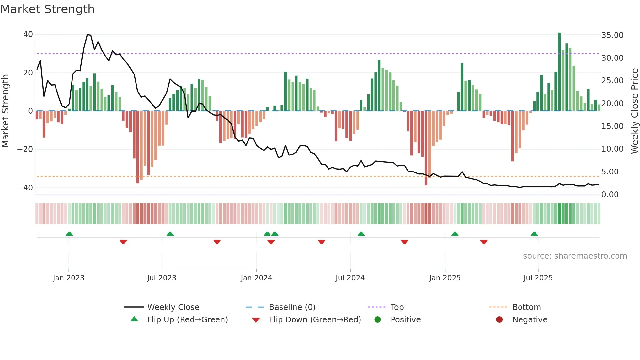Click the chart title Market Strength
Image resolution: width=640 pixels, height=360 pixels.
[47, 9]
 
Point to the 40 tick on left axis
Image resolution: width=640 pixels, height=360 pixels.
[28, 34]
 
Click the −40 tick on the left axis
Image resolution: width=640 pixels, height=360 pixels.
[25, 188]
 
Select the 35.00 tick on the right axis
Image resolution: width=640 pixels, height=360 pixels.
[612, 35]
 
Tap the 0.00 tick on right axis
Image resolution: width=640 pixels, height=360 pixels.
[610, 195]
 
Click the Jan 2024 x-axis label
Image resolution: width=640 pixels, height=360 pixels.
[256, 278]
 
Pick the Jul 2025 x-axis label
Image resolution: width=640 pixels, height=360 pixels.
[538, 278]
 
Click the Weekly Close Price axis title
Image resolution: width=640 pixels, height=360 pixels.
[634, 111]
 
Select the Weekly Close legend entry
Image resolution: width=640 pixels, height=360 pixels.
[173, 307]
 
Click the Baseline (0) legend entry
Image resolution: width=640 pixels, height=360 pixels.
[292, 307]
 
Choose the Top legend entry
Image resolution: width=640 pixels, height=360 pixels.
[397, 307]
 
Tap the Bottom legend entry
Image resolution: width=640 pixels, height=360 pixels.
[526, 307]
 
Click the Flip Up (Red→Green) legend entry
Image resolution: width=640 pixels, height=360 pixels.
[187, 320]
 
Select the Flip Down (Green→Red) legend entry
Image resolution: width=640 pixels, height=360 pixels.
[315, 320]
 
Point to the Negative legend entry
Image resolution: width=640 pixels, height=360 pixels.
[530, 320]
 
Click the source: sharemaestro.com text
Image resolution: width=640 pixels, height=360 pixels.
[575, 256]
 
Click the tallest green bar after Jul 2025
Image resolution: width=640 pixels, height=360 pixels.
[559, 72]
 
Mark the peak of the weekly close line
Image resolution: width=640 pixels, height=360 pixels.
[88, 35]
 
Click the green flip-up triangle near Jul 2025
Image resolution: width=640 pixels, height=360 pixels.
[534, 234]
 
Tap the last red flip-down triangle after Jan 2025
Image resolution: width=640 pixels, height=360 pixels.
[484, 242]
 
